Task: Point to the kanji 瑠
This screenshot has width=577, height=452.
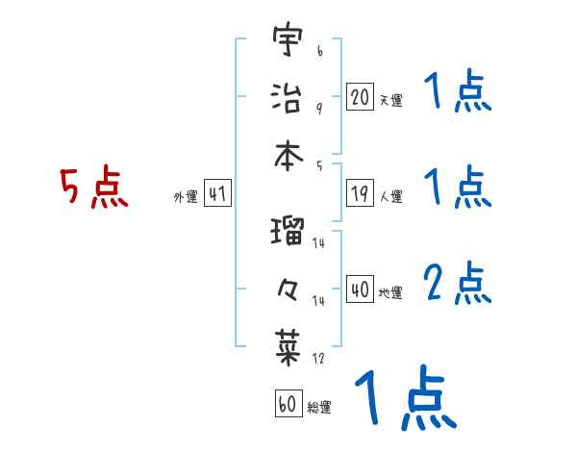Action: pos(288,232)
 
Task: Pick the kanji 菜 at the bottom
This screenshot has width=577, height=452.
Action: pos(288,344)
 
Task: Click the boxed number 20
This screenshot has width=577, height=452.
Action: pos(360,96)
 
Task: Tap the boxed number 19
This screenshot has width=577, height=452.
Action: pos(360,193)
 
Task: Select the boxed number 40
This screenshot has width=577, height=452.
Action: pos(360,289)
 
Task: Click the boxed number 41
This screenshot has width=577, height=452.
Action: pos(217,193)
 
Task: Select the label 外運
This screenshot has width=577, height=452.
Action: pos(185,196)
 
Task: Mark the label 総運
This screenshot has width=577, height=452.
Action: pos(319,407)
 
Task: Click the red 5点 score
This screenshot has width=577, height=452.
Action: pos(93,188)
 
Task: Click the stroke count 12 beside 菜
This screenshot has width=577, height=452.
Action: pos(318,358)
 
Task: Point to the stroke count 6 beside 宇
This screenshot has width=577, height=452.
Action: pos(319,45)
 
